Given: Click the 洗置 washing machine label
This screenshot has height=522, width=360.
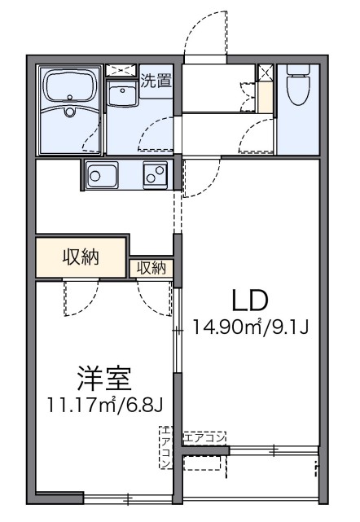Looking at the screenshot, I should click(x=155, y=80).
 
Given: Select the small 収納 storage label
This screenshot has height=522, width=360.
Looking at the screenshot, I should click(x=151, y=267).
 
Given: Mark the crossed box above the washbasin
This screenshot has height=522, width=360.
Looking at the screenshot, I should click(x=123, y=70).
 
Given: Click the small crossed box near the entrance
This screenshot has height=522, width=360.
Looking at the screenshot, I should click(x=265, y=72).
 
